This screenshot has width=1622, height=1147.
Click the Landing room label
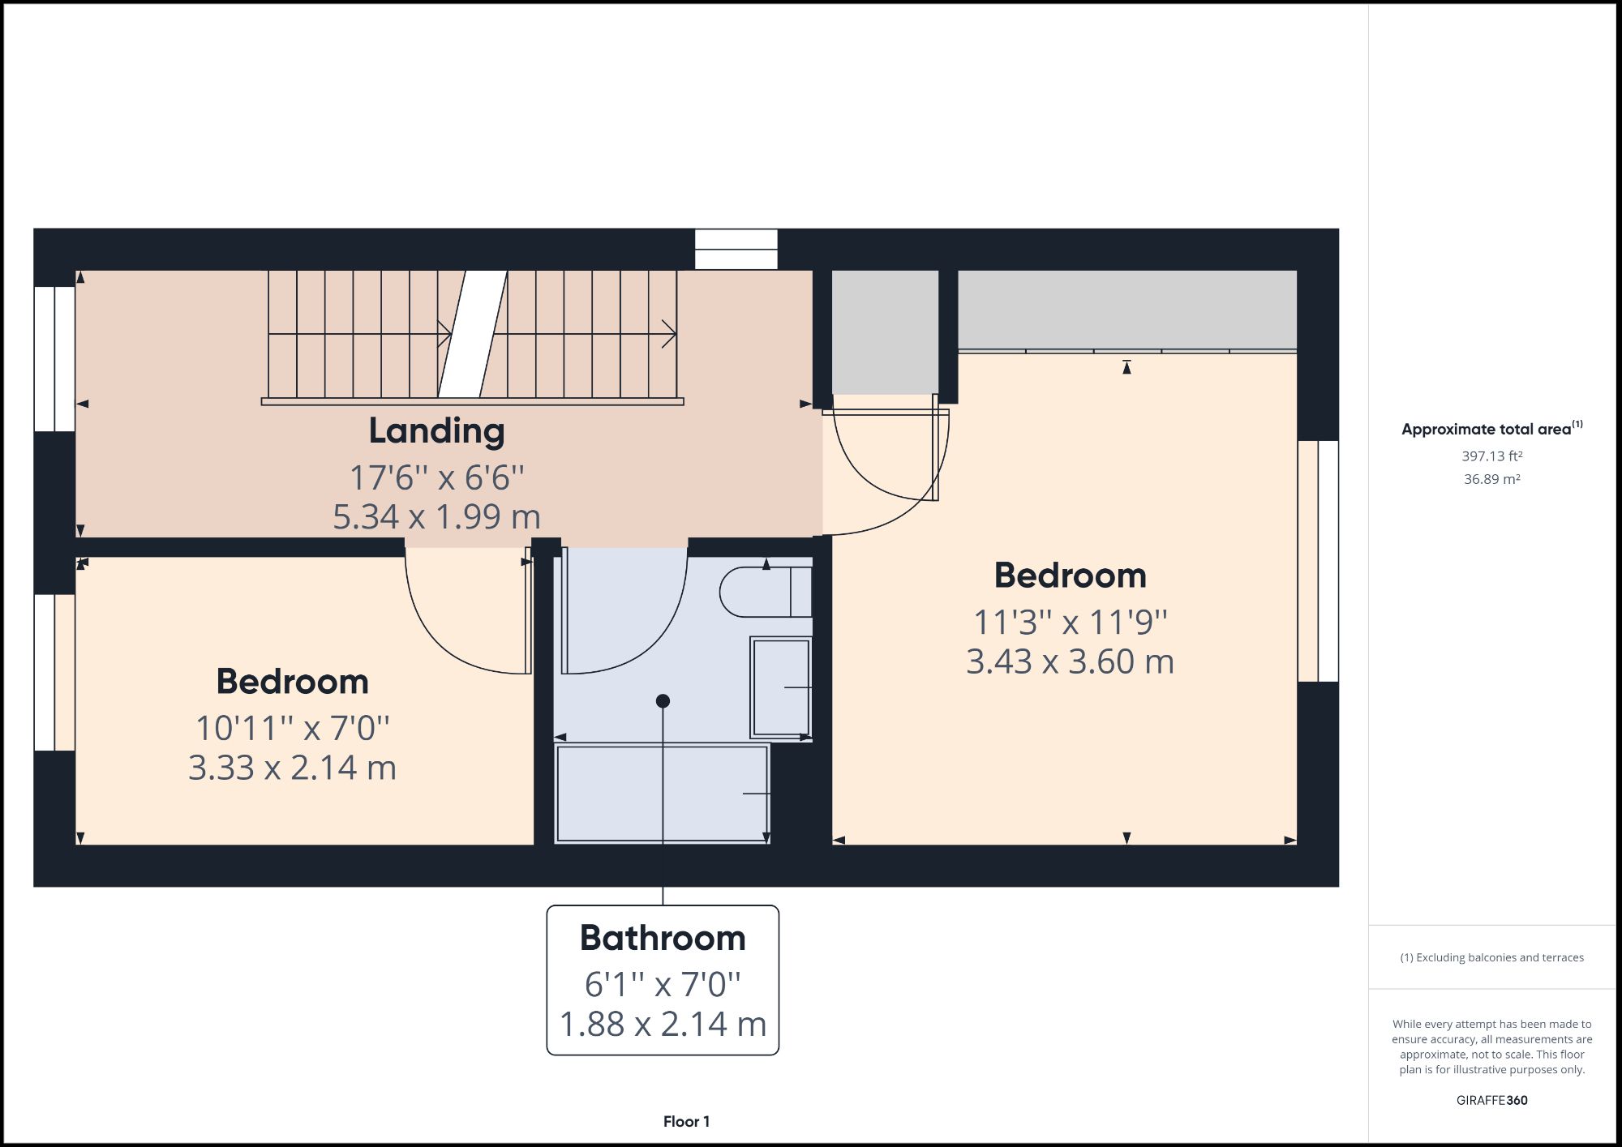(x=436, y=430)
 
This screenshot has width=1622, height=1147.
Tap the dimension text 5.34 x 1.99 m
(x=436, y=517)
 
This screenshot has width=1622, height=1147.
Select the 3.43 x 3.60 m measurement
(x=1070, y=661)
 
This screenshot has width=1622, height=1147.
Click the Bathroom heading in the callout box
(x=663, y=938)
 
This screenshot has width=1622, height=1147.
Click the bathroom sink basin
(x=781, y=687)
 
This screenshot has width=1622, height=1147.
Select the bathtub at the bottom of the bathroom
(x=661, y=794)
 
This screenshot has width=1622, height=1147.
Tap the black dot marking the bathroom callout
(x=663, y=700)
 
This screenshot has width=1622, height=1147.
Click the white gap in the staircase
(x=473, y=334)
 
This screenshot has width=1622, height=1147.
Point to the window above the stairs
(x=736, y=249)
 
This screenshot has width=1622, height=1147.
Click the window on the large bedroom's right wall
(x=1318, y=561)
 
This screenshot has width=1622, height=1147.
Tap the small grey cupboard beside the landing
(x=885, y=332)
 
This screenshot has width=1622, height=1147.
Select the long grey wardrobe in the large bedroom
(x=1126, y=310)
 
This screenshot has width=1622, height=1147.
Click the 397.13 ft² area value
(x=1491, y=456)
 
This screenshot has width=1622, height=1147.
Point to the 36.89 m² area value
(x=1491, y=479)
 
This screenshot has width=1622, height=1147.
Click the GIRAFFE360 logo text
(x=1491, y=1100)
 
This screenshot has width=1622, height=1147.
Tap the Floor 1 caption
(x=686, y=1121)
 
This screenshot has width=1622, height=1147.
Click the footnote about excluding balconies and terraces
(x=1491, y=957)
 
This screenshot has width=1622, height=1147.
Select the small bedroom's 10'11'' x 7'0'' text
(x=292, y=728)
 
